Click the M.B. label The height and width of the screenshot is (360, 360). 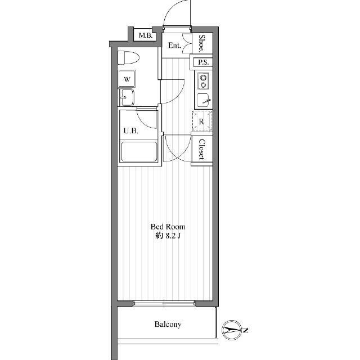click(146, 36)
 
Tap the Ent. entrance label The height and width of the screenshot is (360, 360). click(174, 45)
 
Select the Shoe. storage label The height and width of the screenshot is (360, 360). click(201, 43)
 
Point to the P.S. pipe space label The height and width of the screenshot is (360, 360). click(204, 62)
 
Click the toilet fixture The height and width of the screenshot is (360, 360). click(128, 57)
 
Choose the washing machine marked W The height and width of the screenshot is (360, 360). click(127, 79)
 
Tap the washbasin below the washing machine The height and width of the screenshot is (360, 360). click(127, 97)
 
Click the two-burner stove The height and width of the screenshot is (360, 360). click(203, 81)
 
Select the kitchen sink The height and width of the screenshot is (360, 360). click(203, 100)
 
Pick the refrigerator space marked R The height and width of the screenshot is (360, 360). click(202, 121)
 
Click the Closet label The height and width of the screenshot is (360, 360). click(201, 150)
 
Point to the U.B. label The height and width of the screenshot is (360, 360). click(131, 131)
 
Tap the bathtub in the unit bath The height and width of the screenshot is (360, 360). click(139, 152)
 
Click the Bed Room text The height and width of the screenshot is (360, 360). click(168, 227)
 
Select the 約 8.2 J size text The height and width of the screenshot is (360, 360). click(168, 236)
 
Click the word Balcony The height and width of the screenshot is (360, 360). click(168, 324)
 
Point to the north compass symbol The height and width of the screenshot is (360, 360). click(232, 330)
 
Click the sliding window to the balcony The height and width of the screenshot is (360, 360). click(164, 304)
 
